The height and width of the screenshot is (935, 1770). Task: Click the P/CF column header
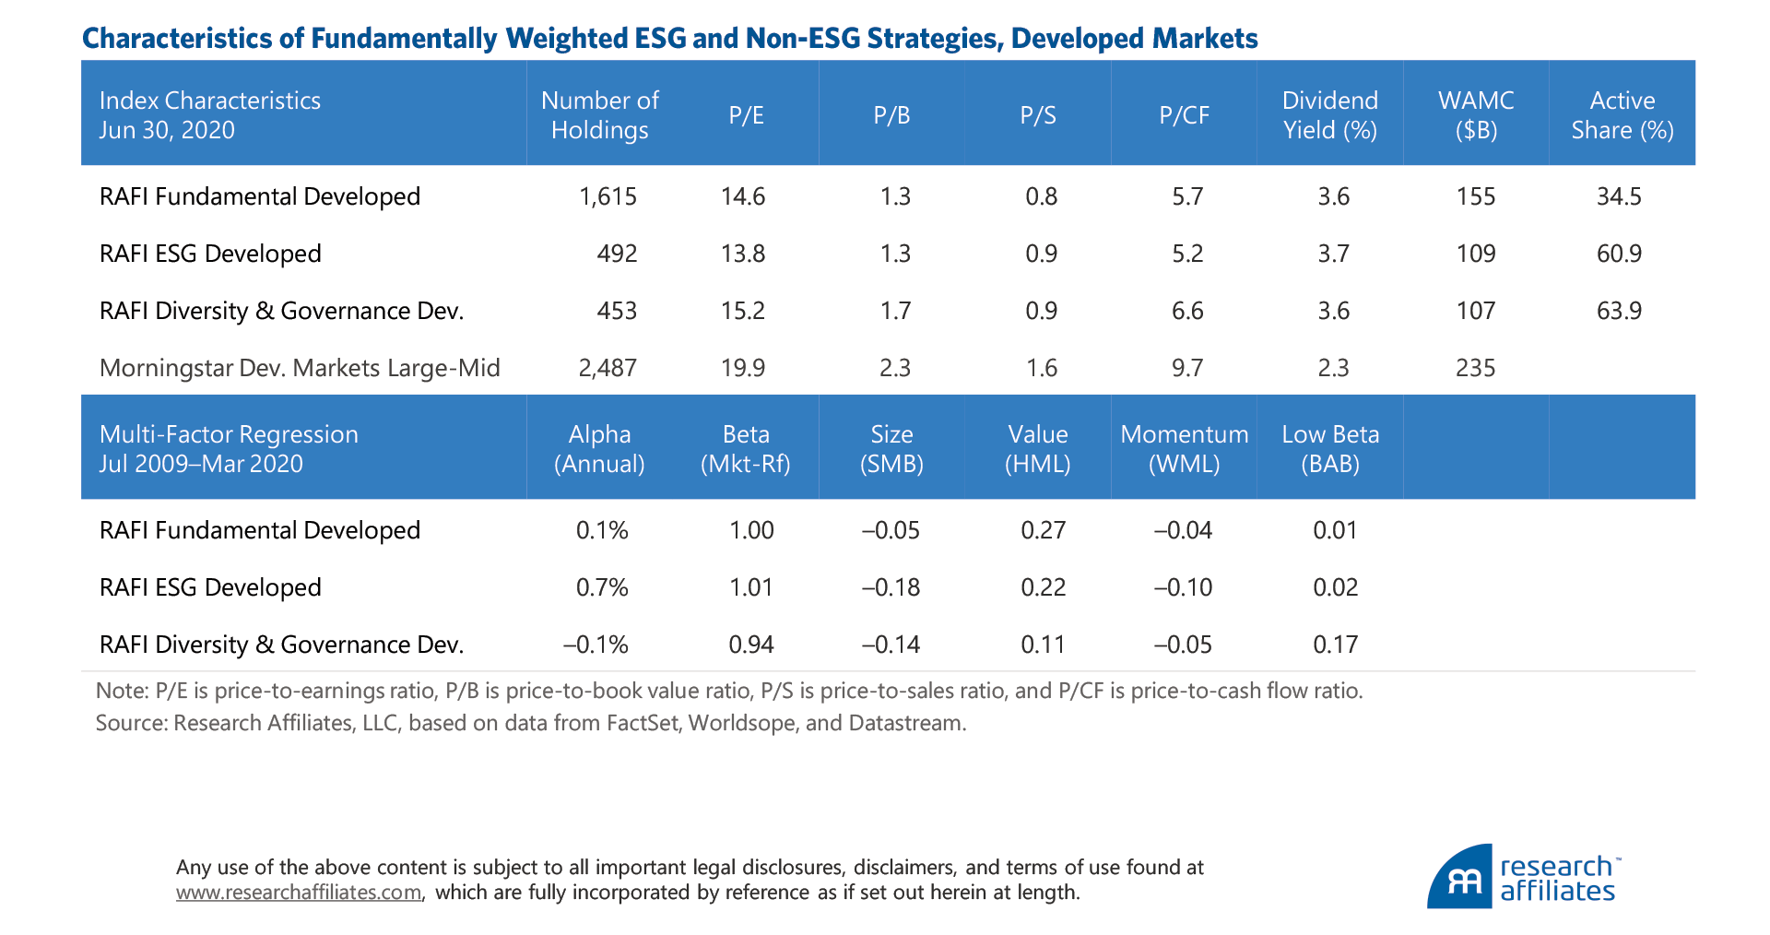(1184, 115)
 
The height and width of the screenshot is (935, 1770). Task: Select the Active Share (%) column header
(1622, 115)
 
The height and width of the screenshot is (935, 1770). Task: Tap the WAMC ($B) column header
(1476, 115)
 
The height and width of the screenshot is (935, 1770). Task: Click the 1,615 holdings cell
(608, 196)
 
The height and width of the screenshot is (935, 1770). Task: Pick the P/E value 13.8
(743, 254)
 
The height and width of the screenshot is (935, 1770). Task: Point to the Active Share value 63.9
(1619, 311)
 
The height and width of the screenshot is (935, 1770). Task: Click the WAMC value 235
(1475, 368)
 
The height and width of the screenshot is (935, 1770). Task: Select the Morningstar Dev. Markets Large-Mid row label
(300, 368)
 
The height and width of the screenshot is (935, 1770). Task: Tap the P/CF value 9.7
(1187, 368)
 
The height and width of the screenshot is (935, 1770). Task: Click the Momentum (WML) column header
(1184, 449)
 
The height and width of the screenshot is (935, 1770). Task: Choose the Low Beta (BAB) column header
(1330, 449)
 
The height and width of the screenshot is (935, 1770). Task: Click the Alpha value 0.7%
(602, 587)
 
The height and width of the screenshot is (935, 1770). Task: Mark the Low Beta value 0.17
(1335, 645)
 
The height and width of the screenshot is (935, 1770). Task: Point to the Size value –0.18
(891, 587)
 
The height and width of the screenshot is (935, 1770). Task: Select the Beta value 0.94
(751, 645)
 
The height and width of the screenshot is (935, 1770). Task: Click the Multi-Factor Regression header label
(229, 449)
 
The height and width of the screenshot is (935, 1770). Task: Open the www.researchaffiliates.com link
(299, 893)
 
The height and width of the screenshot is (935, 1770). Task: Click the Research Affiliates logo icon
(1460, 879)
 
